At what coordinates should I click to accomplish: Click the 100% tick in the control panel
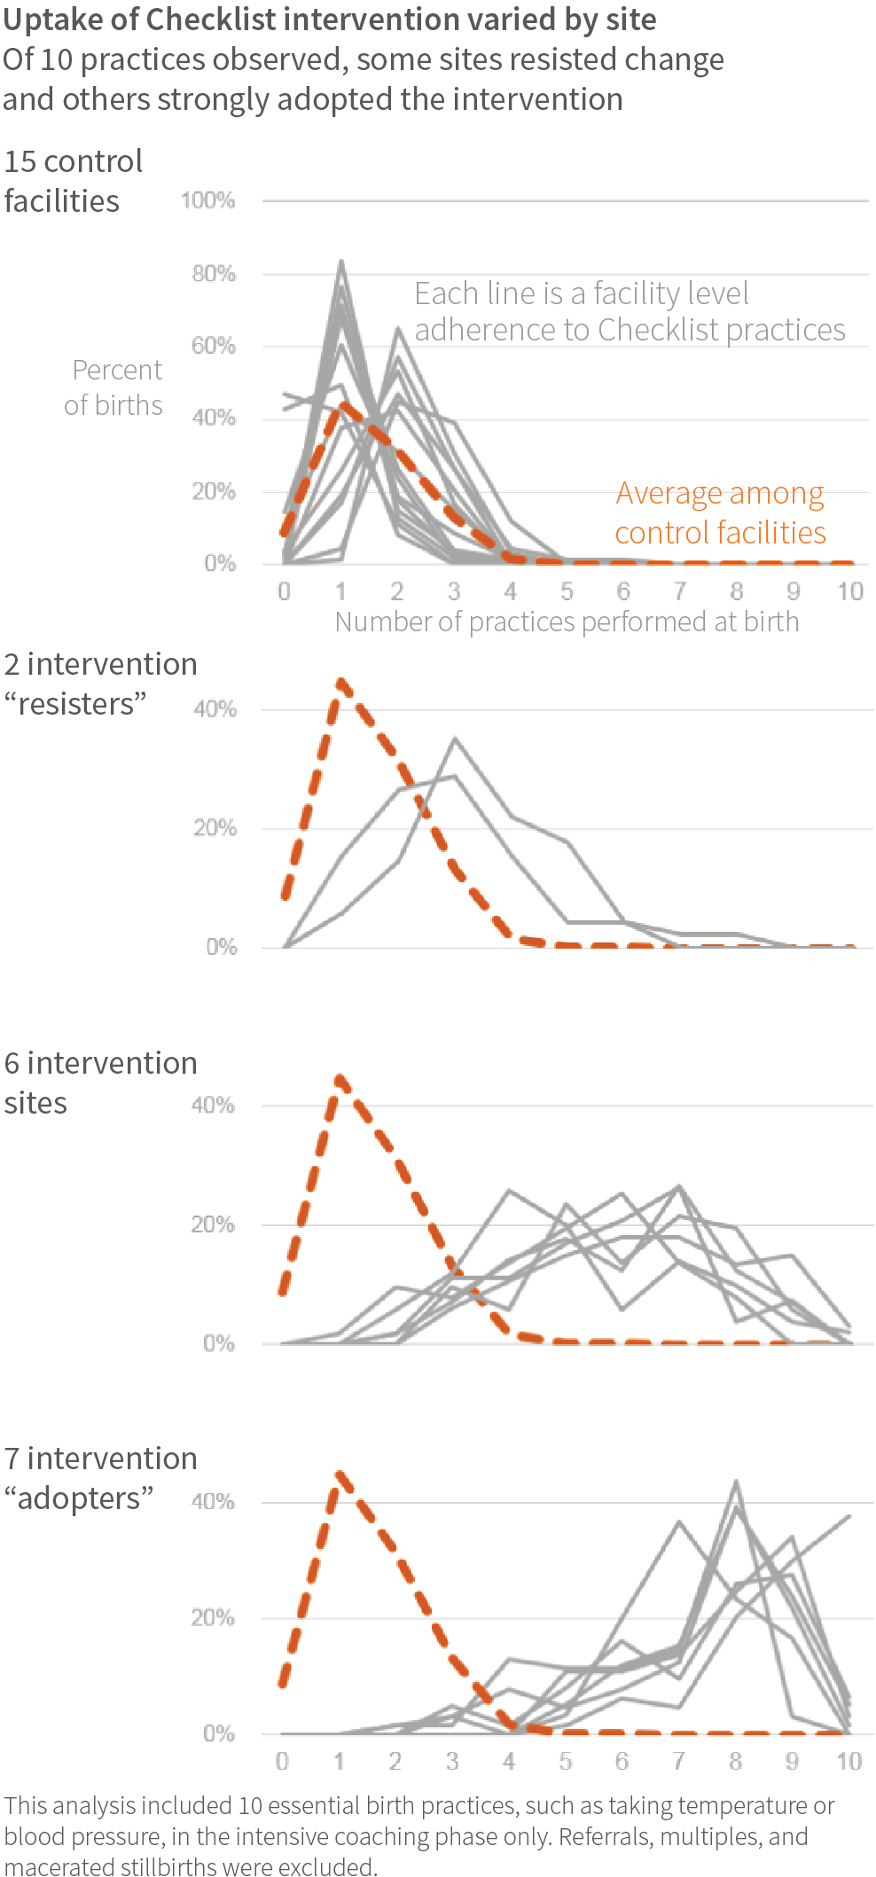click(x=207, y=200)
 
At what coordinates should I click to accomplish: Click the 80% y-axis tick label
click(x=213, y=273)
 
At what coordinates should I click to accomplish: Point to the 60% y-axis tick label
click(x=213, y=346)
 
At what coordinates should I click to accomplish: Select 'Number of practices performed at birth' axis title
click(x=567, y=622)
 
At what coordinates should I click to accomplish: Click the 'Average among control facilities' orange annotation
click(x=720, y=512)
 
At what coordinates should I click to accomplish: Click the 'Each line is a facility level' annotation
click(x=581, y=293)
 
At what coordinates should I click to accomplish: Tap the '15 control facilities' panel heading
click(x=73, y=181)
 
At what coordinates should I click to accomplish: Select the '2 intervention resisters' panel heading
click(x=99, y=684)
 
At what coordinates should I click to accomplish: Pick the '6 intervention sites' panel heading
click(x=99, y=1082)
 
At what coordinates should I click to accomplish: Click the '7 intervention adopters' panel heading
click(x=99, y=1478)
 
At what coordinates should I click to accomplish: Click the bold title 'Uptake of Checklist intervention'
click(x=329, y=19)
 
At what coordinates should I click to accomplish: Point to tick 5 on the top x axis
click(x=567, y=591)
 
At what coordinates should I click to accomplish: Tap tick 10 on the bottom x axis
click(x=849, y=1761)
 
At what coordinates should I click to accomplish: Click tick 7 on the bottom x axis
click(x=678, y=1761)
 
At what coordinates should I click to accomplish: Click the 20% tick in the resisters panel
click(x=215, y=828)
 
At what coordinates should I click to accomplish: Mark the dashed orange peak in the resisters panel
click(x=340, y=681)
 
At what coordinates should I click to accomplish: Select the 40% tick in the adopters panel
click(x=213, y=1501)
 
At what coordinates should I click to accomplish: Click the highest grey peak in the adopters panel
click(x=736, y=1482)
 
